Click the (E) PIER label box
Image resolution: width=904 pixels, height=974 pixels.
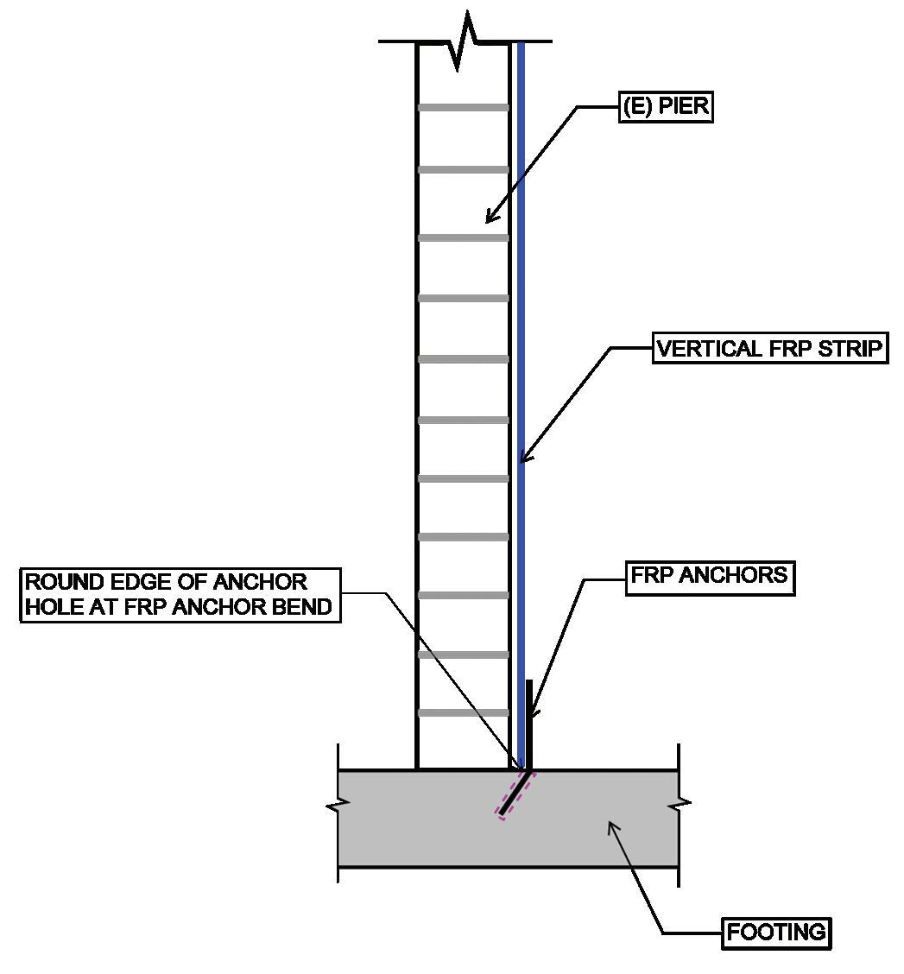666,107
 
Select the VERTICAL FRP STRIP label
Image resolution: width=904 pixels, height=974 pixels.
770,349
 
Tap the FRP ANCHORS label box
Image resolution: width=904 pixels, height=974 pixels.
709,576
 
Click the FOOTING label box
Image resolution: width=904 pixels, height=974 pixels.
775,933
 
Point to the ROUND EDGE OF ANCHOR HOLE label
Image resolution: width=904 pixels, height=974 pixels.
179,594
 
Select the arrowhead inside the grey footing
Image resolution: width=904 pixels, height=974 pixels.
612,827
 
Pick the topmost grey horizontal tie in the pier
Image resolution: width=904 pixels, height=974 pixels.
463,108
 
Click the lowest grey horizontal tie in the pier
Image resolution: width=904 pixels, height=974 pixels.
463,713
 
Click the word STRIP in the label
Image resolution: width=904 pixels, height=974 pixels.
854,349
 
